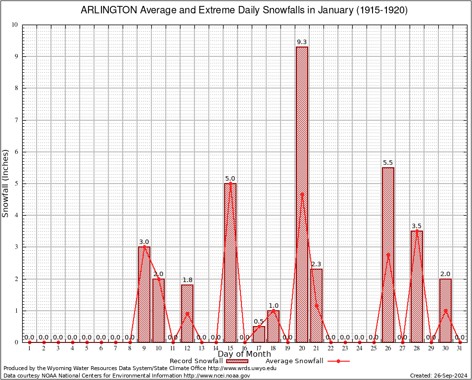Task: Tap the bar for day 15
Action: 230,262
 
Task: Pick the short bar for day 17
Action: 259,334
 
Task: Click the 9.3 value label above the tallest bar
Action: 302,42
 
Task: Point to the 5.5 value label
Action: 388,163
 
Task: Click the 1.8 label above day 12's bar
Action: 188,280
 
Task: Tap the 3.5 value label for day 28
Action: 417,226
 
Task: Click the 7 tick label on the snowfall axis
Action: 16,120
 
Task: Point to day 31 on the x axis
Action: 460,348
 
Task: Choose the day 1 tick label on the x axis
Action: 29,348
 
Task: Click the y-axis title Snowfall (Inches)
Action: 6,184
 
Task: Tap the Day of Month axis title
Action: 244,354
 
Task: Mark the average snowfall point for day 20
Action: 302,194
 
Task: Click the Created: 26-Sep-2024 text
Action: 438,376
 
